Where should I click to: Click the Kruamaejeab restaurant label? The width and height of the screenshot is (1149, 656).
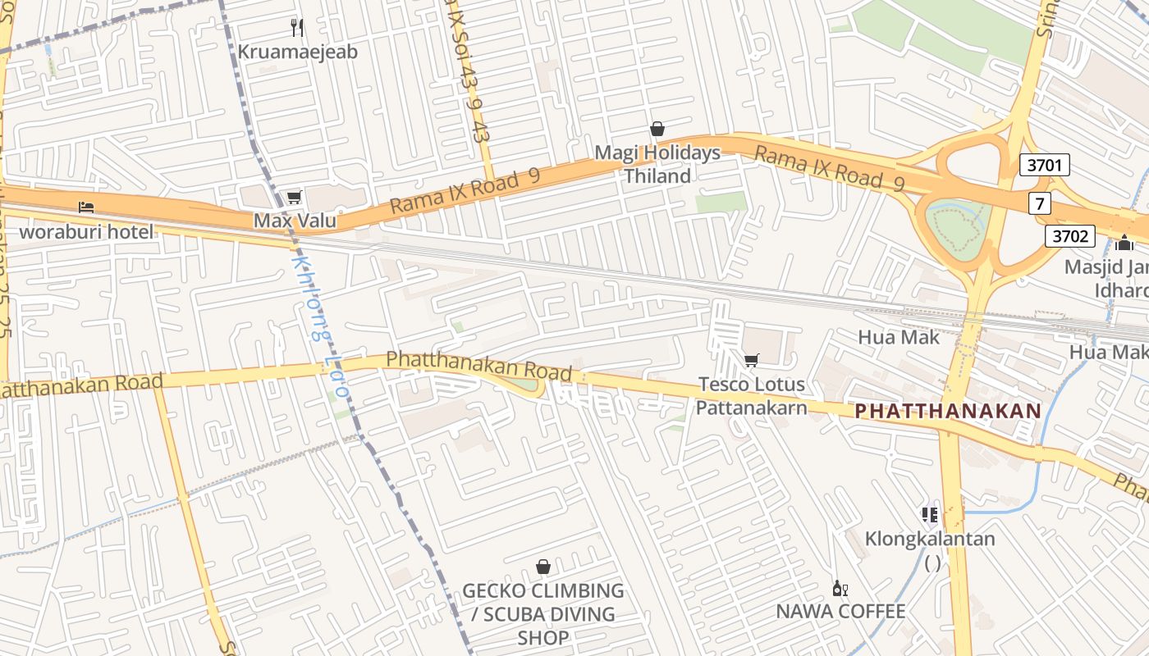click(297, 52)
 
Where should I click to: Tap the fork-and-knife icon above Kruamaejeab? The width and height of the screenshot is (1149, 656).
click(297, 28)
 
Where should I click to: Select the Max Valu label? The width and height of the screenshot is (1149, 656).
click(294, 220)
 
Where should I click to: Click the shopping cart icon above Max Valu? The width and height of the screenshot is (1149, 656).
click(294, 197)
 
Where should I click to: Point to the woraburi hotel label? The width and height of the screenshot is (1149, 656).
click(86, 231)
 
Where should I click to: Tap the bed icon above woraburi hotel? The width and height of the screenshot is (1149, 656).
click(86, 207)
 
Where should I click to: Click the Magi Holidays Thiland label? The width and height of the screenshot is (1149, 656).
click(657, 164)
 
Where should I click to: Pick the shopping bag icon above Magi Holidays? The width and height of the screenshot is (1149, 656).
click(657, 129)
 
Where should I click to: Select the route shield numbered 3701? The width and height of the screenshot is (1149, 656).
click(1045, 166)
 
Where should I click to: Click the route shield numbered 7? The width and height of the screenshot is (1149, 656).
click(1040, 203)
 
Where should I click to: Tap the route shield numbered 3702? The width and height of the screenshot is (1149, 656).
click(1070, 237)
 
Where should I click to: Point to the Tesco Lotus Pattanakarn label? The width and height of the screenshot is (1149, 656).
click(751, 395)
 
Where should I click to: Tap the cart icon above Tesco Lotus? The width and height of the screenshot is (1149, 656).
click(751, 360)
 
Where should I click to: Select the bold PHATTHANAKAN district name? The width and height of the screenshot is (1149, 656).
click(947, 411)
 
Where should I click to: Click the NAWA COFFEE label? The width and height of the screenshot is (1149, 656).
click(840, 611)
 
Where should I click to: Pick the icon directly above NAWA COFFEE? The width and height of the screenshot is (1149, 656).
click(840, 588)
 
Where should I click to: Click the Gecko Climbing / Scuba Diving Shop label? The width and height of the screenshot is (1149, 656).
click(542, 613)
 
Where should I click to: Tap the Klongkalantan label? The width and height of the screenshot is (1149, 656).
click(930, 539)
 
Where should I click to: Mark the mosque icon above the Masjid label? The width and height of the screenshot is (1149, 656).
click(1124, 243)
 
